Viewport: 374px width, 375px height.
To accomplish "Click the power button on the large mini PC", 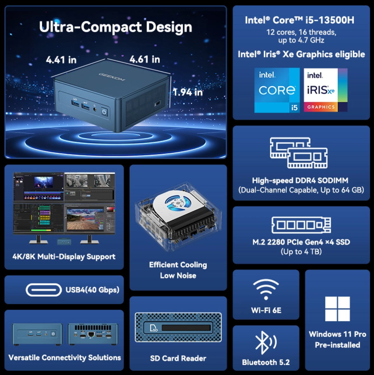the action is tap(104, 112).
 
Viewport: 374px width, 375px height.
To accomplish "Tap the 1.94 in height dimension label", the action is tap(188, 92).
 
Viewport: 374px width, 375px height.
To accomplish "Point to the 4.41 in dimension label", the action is tap(61, 60).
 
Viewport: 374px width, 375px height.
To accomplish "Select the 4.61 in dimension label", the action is tap(145, 59).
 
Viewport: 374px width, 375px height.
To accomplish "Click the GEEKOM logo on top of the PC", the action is tap(112, 77).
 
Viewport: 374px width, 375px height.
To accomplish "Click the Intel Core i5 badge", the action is tap(277, 90).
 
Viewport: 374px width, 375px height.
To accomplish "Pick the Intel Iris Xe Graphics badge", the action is tap(325, 90).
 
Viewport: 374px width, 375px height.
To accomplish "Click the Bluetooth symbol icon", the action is tap(266, 343).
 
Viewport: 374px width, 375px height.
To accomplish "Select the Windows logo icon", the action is tap(338, 309).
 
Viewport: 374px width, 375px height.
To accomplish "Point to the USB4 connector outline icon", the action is tap(44, 290).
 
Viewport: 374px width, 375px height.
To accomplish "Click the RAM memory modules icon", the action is tap(299, 152).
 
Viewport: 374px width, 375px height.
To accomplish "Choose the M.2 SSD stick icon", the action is tap(301, 225).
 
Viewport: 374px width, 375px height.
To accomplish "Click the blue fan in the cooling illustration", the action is tap(177, 203).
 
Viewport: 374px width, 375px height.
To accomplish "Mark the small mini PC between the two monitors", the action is tap(64, 242).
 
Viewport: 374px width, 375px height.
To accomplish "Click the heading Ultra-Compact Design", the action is tap(115, 27).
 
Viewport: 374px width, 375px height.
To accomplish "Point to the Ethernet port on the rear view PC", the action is tap(91, 334).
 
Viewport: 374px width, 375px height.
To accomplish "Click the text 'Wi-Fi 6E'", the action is tap(266, 310).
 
